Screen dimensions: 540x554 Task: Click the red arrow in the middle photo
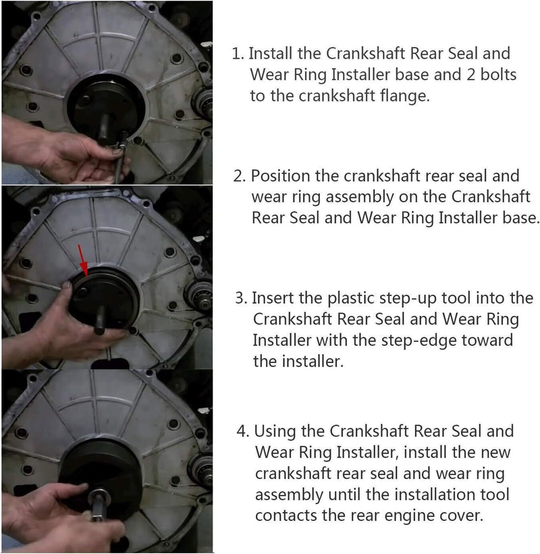click(82, 260)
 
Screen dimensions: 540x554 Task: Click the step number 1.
click(238, 54)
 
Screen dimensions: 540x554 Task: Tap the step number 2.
click(239, 176)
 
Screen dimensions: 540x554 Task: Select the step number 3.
click(241, 298)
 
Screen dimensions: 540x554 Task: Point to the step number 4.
click(243, 431)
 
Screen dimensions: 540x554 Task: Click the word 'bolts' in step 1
click(498, 74)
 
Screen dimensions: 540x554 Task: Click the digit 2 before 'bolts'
click(470, 74)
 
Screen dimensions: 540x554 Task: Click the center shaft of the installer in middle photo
click(101, 320)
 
